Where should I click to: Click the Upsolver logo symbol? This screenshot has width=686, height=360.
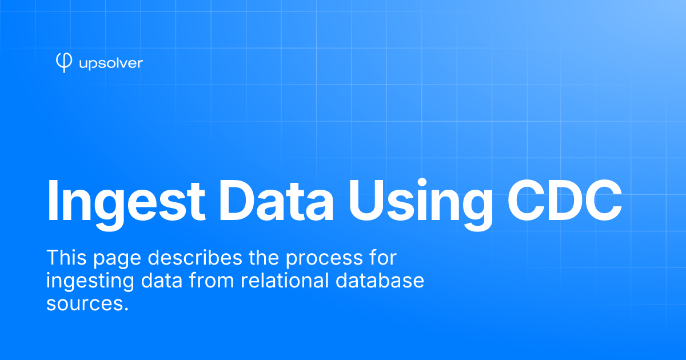point(64,63)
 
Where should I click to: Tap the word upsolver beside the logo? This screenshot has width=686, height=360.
point(111,63)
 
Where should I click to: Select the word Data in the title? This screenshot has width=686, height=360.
point(276,201)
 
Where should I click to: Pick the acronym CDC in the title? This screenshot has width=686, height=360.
point(565,201)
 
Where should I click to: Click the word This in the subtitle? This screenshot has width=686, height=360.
point(66,258)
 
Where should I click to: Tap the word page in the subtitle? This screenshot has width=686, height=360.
point(117,260)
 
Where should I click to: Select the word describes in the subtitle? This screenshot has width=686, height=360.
point(195,258)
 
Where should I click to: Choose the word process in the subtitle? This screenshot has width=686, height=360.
point(324,260)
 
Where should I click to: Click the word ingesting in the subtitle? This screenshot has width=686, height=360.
point(90,282)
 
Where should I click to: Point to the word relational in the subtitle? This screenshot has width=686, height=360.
point(285,280)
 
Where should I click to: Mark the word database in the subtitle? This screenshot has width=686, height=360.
point(380,280)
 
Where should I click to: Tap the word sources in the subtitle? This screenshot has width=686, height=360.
point(83,305)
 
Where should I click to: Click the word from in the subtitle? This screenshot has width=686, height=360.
point(212,280)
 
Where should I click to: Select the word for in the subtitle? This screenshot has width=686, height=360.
point(384,258)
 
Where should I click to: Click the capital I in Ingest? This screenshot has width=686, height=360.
point(53,201)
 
